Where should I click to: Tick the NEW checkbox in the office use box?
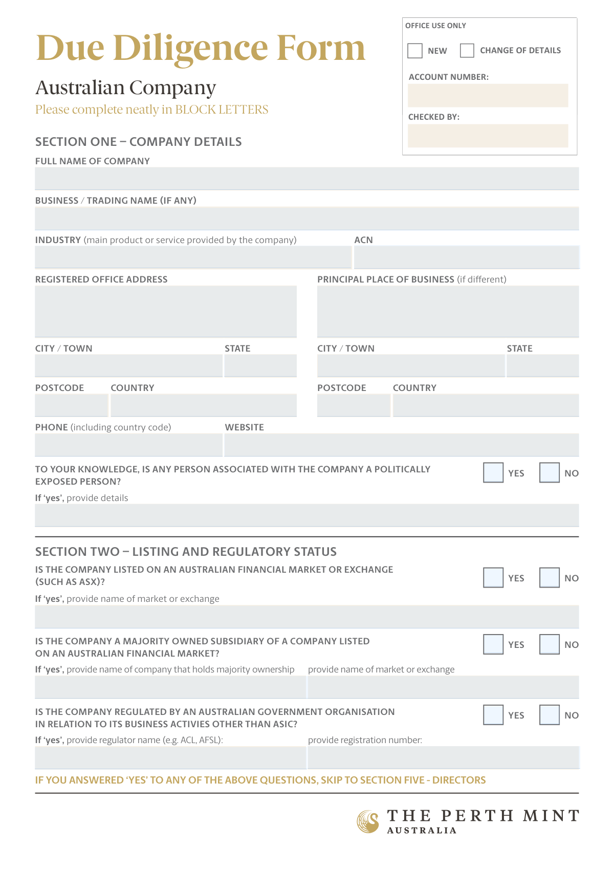(415, 51)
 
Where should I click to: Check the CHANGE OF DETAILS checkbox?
(467, 51)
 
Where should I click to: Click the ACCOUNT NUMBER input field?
(488, 96)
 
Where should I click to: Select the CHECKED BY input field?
(488, 136)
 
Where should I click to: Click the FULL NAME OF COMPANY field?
(307, 179)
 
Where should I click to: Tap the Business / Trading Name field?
(307, 219)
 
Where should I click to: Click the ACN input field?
(466, 257)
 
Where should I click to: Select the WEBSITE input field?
(402, 445)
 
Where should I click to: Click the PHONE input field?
(128, 445)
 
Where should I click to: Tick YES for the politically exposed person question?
(493, 473)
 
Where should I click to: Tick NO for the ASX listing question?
(549, 578)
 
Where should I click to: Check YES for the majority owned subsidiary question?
(493, 644)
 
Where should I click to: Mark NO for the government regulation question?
(549, 715)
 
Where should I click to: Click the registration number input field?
(443, 757)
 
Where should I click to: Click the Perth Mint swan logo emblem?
(368, 821)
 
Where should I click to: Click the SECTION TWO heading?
(186, 552)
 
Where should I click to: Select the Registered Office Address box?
(166, 311)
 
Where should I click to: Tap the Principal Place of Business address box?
(448, 311)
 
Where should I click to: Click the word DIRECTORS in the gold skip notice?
(459, 780)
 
